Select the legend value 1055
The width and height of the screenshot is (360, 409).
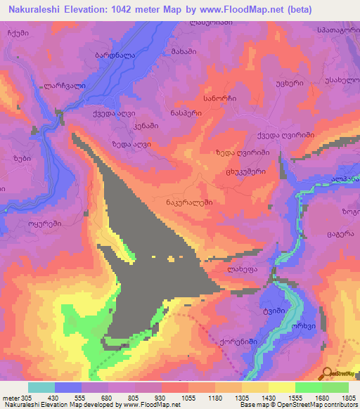pyautogui.click(x=189, y=397)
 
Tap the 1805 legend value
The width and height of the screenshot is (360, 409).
pyautogui.click(x=348, y=397)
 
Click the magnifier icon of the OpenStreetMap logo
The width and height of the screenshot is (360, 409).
pyautogui.click(x=328, y=372)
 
